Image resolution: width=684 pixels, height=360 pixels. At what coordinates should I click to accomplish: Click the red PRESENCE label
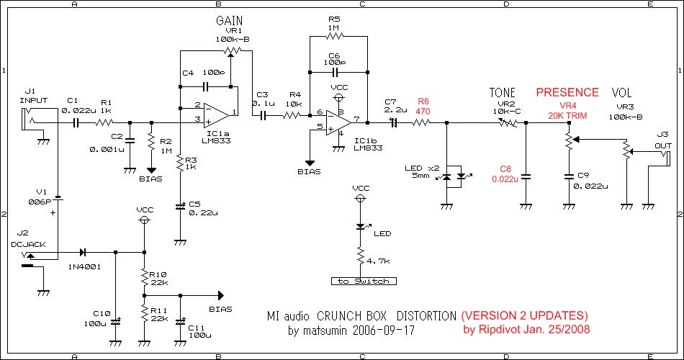tap(567, 92)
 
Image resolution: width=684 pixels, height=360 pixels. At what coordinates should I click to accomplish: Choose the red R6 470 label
tap(423, 107)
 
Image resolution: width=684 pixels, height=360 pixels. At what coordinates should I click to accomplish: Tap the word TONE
tap(503, 93)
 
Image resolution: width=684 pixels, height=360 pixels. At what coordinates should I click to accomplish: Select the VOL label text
tap(621, 93)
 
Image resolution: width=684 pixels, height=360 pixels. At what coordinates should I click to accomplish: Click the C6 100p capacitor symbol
tap(337, 72)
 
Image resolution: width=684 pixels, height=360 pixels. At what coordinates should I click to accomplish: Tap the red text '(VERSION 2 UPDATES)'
tap(525, 316)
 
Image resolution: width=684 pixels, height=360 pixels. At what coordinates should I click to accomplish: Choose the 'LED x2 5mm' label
tap(420, 173)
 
